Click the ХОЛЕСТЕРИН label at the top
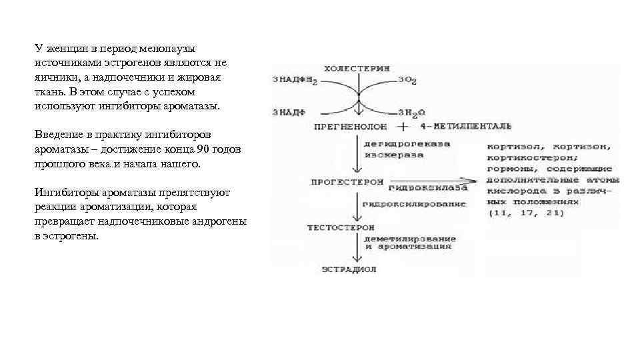(357, 69)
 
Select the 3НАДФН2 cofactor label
(294, 80)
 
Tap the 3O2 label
(407, 81)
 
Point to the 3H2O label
(411, 112)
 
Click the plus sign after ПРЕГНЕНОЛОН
(403, 125)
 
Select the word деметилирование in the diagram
(409, 238)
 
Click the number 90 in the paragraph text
(203, 148)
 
